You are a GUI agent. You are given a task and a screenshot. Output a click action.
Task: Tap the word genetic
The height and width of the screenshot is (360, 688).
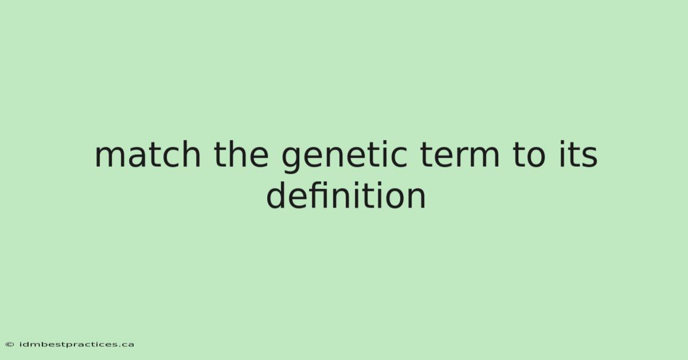345,157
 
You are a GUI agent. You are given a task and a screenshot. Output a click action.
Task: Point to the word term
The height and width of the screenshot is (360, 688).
459,155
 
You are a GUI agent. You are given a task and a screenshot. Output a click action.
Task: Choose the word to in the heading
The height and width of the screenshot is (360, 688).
529,155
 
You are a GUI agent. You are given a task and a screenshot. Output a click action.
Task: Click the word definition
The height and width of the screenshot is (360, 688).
346,195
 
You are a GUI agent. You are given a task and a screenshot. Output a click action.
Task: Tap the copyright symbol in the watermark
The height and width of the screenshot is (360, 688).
10,345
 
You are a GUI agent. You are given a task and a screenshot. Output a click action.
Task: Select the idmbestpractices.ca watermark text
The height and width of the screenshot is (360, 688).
76,345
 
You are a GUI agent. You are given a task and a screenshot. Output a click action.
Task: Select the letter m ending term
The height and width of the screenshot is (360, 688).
484,157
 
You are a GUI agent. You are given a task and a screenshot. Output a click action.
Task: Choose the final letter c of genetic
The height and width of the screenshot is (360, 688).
399,158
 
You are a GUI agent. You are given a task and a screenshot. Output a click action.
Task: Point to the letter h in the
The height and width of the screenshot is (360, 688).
236,154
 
